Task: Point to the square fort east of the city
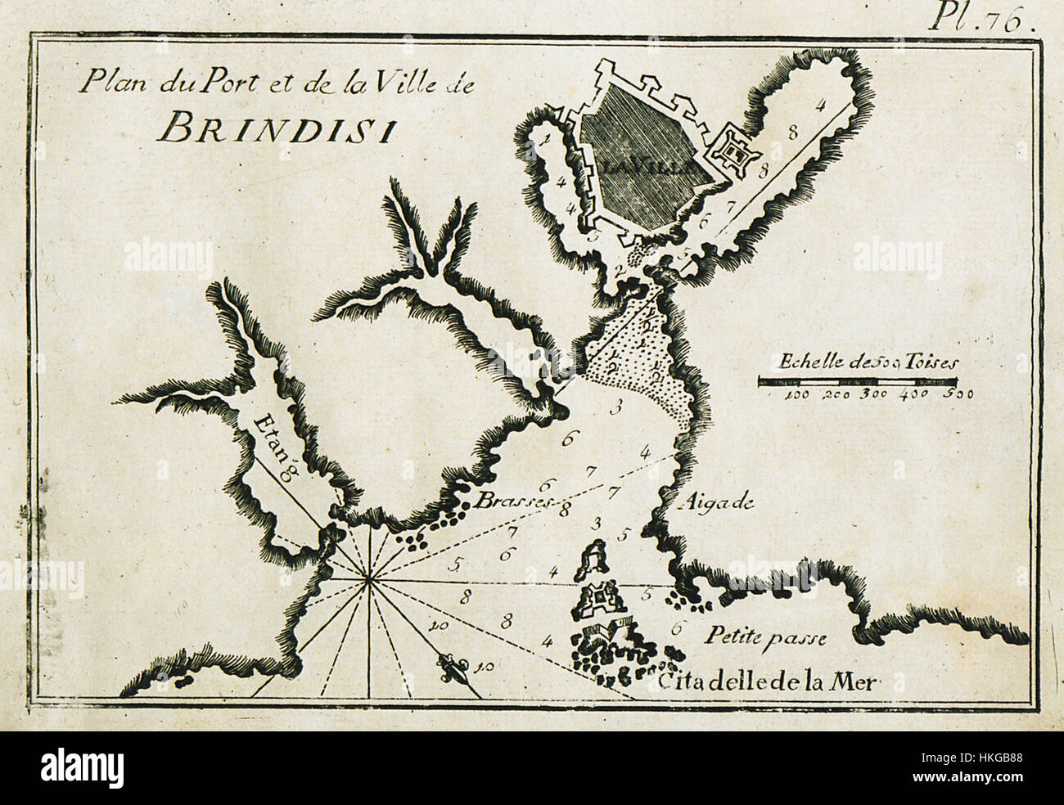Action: coord(736,152)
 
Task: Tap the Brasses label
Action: coord(504,501)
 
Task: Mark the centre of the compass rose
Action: coord(369,581)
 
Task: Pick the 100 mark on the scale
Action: coord(796,395)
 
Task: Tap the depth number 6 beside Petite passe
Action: coord(675,628)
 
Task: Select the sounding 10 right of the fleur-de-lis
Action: coord(484,668)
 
